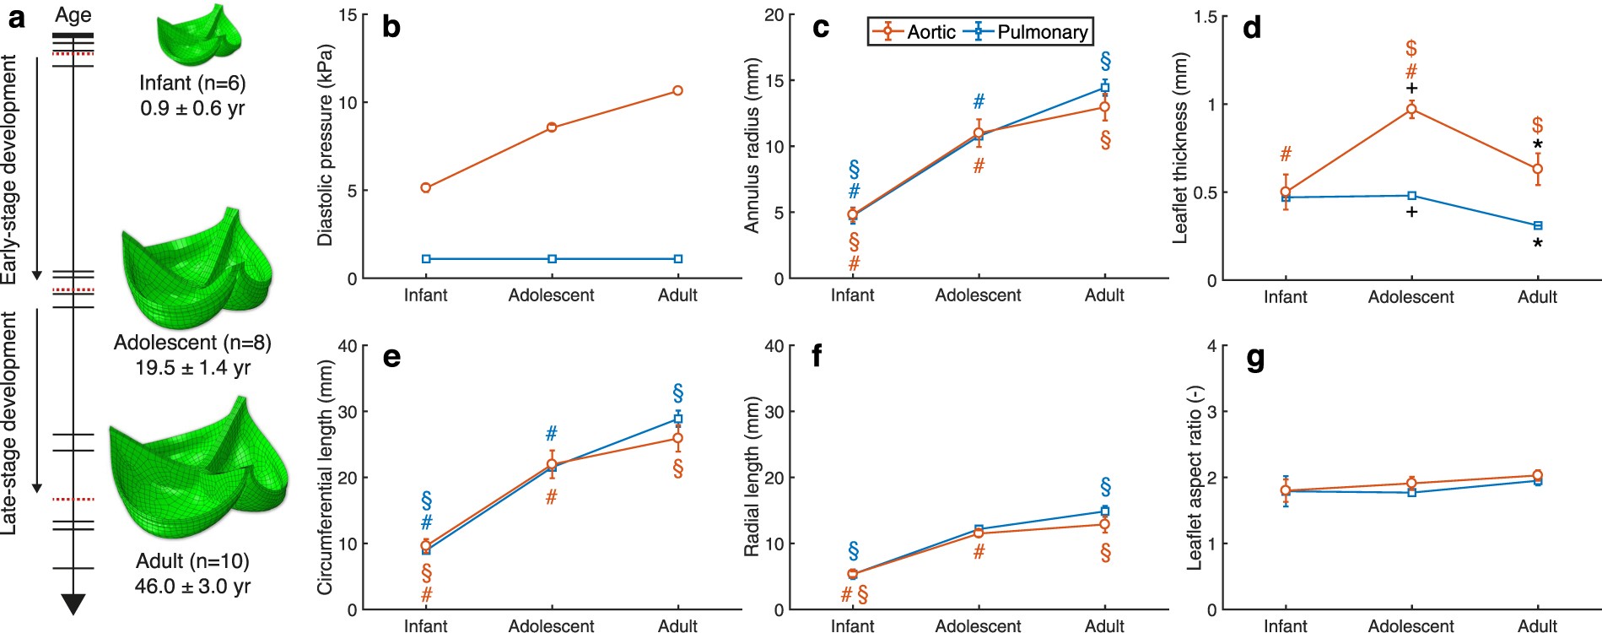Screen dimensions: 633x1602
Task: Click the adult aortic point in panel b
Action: coord(677,90)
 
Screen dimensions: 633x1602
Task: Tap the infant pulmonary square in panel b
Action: coord(426,259)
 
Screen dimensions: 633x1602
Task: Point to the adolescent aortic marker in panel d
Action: coord(1411,109)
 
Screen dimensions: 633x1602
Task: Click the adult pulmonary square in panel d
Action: coord(1538,225)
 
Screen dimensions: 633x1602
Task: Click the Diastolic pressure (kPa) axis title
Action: coord(325,146)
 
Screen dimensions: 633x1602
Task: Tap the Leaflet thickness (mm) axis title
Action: coord(1180,149)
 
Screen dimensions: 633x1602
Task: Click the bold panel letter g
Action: coord(1254,359)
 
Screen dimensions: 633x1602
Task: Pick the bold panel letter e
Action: coord(391,357)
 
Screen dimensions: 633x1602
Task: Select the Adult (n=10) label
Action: coord(192,561)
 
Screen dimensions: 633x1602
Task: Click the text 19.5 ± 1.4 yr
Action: coord(192,368)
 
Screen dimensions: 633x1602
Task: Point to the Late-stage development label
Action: coord(9,422)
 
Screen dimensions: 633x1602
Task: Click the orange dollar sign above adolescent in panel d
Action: coord(1411,48)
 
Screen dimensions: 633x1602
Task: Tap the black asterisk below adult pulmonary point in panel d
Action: coord(1538,245)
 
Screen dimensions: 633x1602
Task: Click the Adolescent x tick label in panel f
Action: coord(978,625)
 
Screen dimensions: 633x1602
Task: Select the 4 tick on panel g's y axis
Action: coord(1211,346)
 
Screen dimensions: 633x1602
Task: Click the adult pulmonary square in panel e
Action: coord(677,419)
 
